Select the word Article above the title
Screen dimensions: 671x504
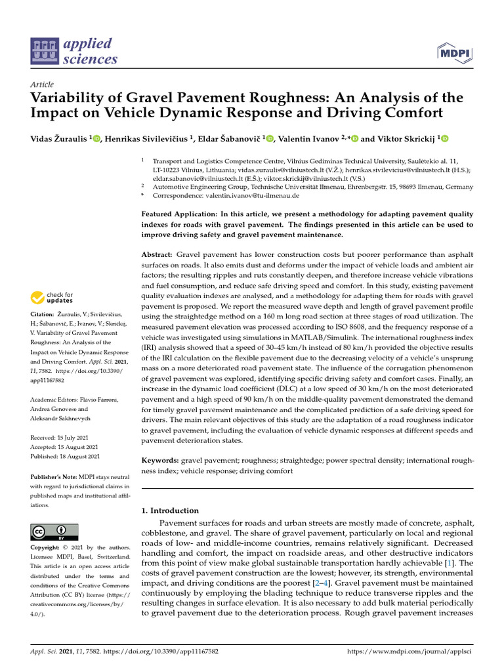click(x=42, y=85)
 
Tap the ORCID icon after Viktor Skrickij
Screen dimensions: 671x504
click(x=444, y=138)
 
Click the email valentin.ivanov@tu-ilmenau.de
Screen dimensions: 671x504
click(x=226, y=195)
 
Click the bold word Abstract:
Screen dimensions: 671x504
click(x=157, y=254)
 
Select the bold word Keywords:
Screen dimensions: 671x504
click(x=160, y=461)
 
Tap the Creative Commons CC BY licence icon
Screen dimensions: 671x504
click(x=54, y=531)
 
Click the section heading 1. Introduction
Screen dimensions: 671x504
click(x=170, y=510)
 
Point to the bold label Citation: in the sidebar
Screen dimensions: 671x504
click(x=43, y=315)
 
